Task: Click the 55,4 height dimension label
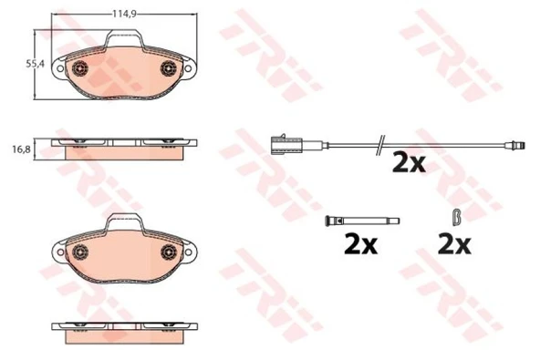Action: click(x=36, y=64)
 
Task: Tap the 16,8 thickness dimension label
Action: click(x=21, y=149)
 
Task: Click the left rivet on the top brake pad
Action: click(x=80, y=68)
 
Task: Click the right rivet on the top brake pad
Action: click(x=169, y=67)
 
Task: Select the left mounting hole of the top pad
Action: click(x=60, y=68)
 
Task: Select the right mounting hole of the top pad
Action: click(x=188, y=68)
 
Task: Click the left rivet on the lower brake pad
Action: click(x=80, y=252)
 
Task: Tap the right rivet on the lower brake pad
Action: click(x=169, y=252)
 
